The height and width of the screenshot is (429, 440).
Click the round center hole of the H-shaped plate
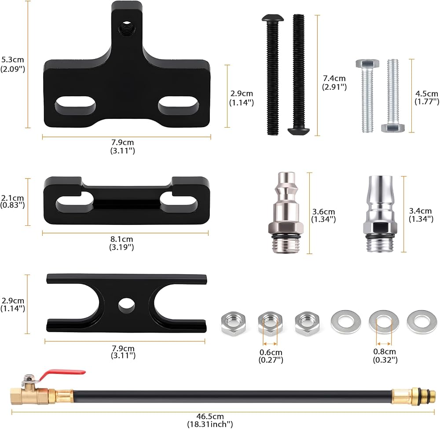[x=126, y=304]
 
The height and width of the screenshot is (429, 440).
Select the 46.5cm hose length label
[x=210, y=420]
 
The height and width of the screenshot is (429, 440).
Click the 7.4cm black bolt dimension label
[x=334, y=82]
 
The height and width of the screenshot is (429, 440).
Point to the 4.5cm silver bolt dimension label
[x=426, y=97]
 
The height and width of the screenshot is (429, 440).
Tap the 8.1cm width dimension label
[x=121, y=243]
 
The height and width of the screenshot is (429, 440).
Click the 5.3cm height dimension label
[x=13, y=64]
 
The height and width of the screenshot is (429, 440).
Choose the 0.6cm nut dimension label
[x=271, y=356]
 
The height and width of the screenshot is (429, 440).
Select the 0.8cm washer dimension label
[x=385, y=356]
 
